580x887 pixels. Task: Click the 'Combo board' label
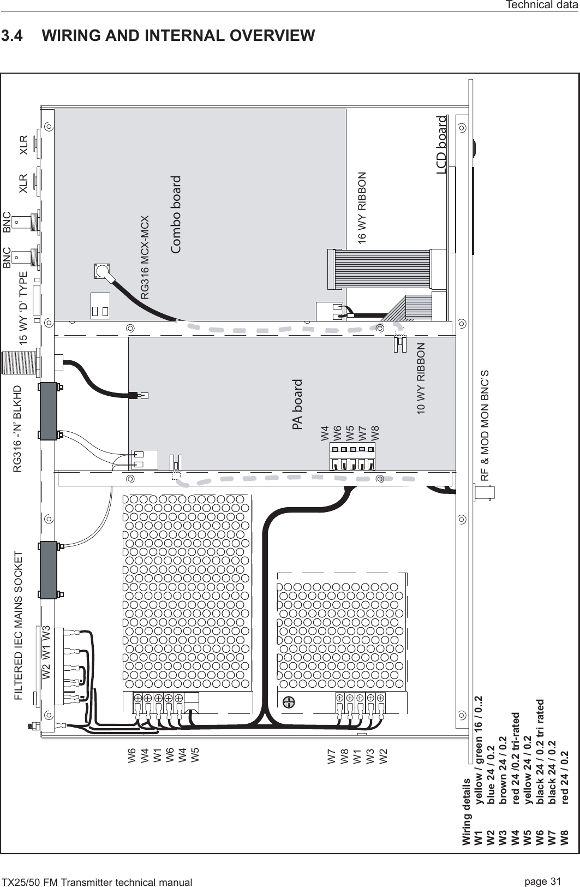[x=176, y=214]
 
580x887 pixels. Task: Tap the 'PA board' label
[x=297, y=404]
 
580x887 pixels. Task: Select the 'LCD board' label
[x=441, y=145]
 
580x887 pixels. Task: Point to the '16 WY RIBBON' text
[x=362, y=207]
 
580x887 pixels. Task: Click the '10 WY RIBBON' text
[x=421, y=379]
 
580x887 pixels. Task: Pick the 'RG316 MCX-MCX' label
[x=145, y=258]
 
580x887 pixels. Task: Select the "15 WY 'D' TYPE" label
[x=23, y=307]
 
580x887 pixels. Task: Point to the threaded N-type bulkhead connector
[x=19, y=362]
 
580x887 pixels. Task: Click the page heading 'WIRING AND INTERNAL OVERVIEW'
[x=178, y=35]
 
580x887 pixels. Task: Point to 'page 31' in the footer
[x=543, y=881]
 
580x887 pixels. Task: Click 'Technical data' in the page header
[x=542, y=5]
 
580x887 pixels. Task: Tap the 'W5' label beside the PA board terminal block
[x=350, y=433]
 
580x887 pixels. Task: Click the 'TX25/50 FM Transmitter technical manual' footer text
[x=97, y=882]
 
